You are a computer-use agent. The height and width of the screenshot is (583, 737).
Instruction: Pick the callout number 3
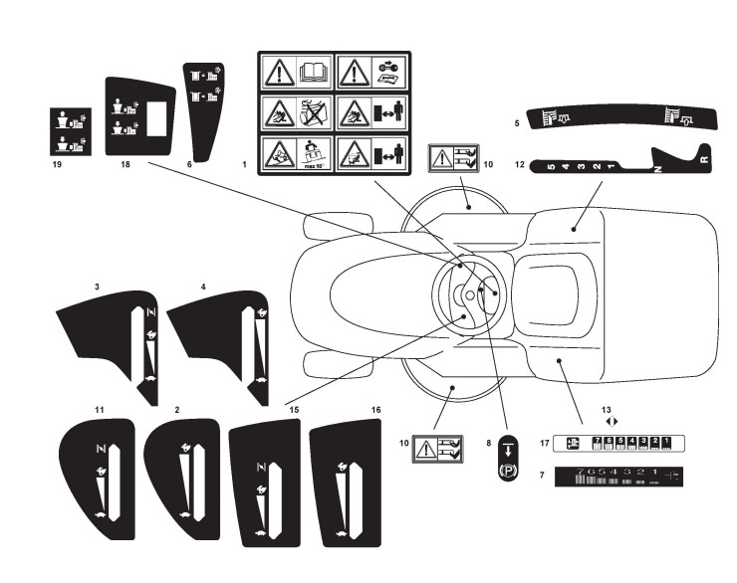[97, 287]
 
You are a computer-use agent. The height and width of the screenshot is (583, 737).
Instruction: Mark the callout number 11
[99, 409]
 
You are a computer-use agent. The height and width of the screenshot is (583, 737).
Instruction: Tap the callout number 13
[607, 408]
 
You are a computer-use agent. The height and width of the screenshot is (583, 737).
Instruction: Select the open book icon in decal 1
[314, 71]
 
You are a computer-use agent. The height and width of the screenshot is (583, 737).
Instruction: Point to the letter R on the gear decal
[703, 158]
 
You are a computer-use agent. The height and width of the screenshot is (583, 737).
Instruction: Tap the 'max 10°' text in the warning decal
[314, 165]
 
